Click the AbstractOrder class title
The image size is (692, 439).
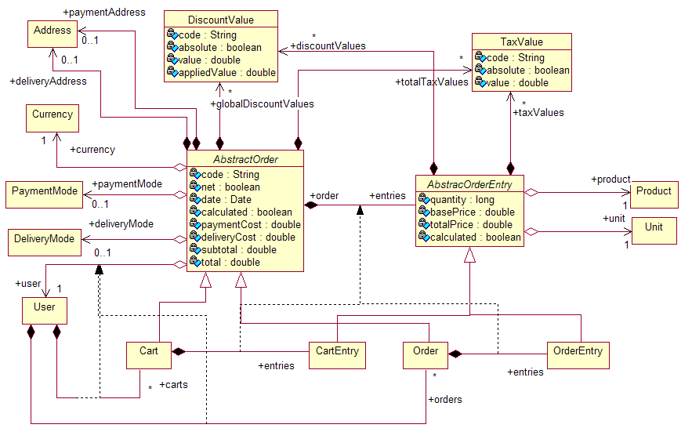click(x=245, y=159)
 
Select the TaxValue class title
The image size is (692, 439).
click(x=521, y=42)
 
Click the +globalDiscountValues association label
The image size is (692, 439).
click(x=262, y=104)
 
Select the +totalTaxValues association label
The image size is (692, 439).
click(x=432, y=82)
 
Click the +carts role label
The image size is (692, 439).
click(x=172, y=385)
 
